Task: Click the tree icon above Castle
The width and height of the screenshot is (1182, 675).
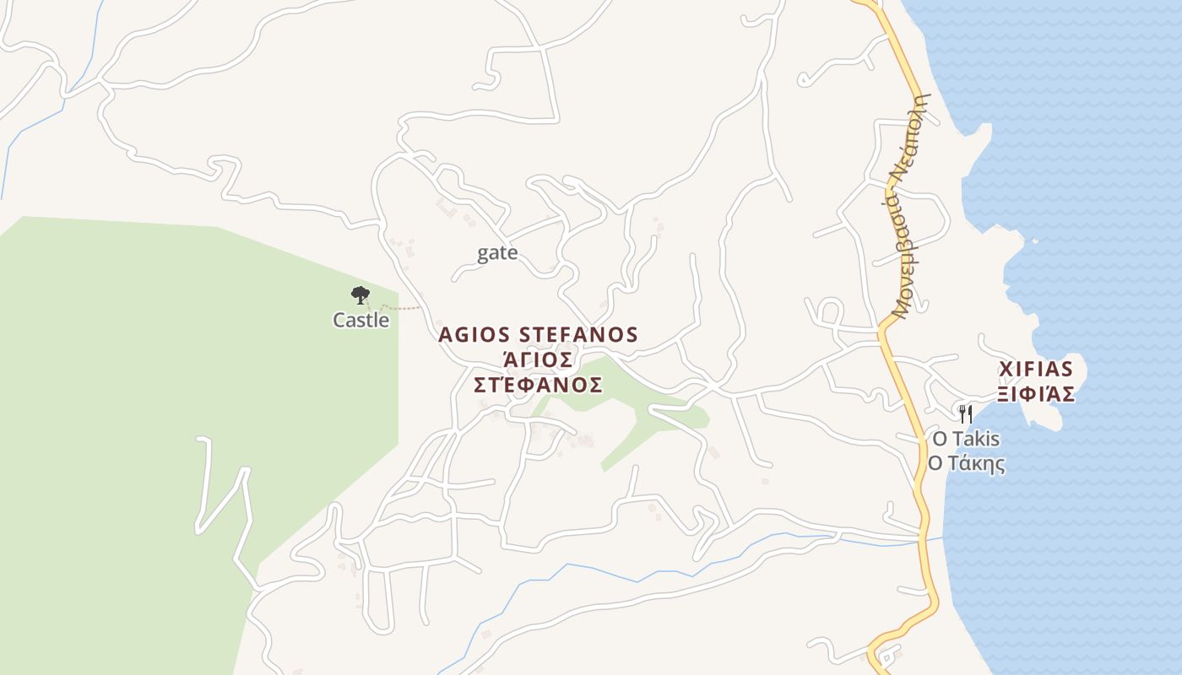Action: click(361, 294)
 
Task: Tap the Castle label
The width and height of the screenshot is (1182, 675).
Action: click(361, 321)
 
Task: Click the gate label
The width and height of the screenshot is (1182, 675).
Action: click(497, 253)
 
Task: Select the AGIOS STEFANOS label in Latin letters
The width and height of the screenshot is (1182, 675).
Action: click(538, 335)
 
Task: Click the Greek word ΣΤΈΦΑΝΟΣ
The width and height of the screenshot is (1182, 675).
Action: click(538, 386)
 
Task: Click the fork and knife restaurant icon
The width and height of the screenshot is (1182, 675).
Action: click(966, 413)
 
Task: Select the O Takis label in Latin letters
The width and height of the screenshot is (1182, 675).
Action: click(966, 439)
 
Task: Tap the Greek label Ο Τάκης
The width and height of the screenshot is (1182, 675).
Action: click(966, 464)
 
